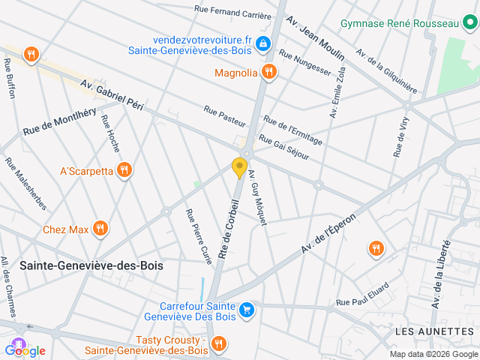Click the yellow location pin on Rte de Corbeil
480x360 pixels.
(240, 167)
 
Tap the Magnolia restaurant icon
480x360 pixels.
(269, 73)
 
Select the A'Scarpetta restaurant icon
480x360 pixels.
(125, 171)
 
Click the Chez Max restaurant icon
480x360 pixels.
(100, 229)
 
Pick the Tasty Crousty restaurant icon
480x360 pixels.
(218, 343)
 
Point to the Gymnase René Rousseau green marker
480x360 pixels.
(469, 23)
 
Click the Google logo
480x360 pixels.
(25, 350)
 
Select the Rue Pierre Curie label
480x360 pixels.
(199, 235)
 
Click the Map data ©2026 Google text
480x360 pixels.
(433, 354)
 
